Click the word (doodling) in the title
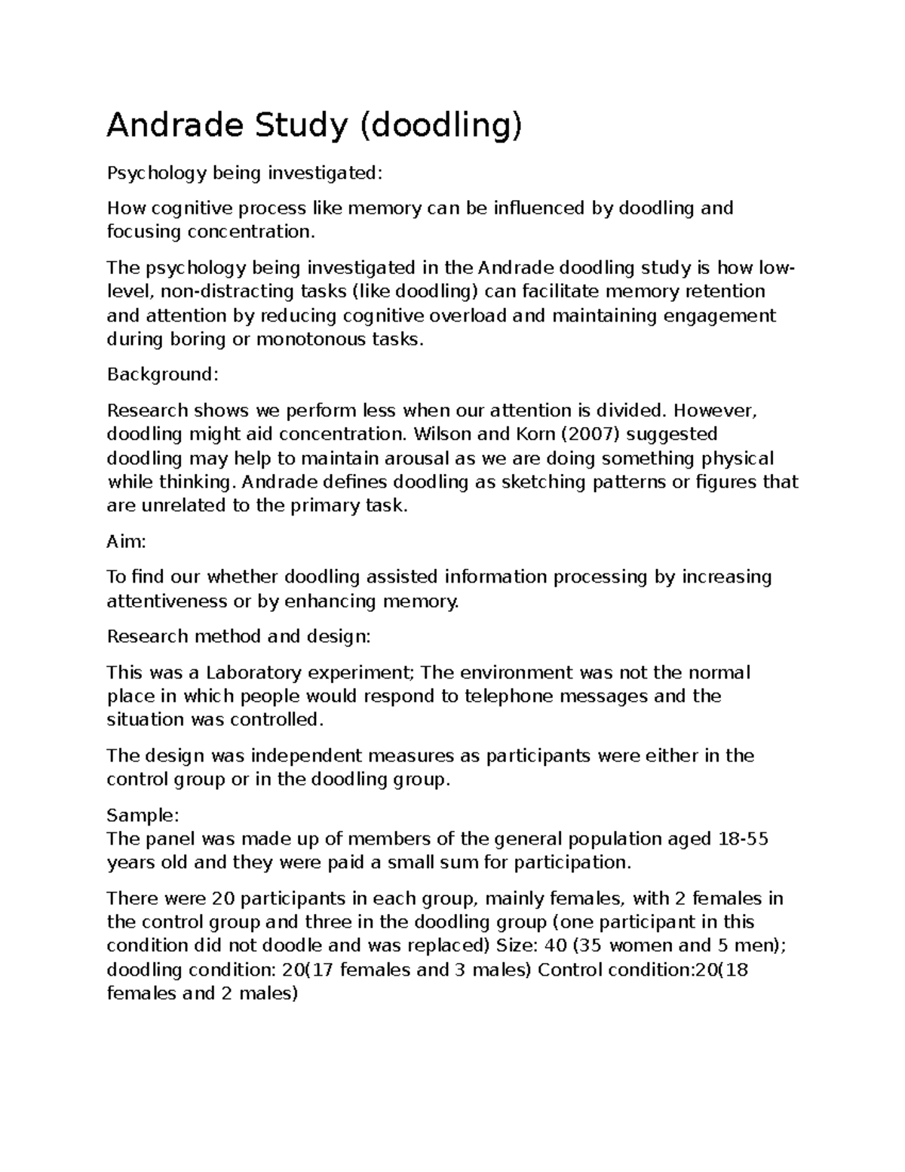[x=440, y=126]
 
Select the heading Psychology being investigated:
[x=244, y=174]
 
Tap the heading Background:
[x=162, y=374]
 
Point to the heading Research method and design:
[x=239, y=636]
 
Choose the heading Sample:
[x=143, y=815]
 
